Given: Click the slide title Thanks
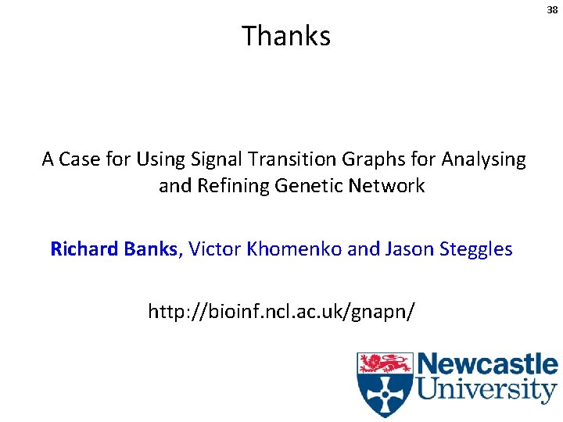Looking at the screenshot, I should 286,36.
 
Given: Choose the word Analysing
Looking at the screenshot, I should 483,160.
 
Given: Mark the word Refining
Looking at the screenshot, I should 232,186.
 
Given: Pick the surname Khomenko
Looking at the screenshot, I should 295,249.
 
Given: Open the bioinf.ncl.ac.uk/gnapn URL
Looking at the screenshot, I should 281,313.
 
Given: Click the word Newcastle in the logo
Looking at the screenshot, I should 486,365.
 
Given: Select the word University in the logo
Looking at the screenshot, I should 486,389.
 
